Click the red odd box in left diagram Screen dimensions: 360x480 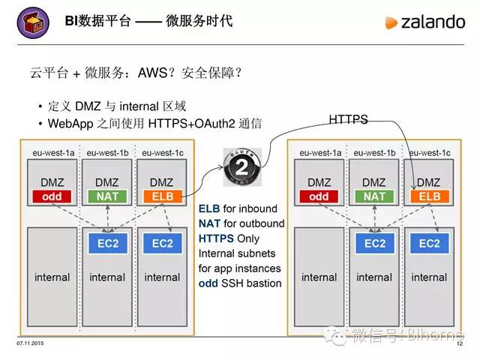click(x=52, y=196)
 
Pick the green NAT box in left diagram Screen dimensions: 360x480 click(x=107, y=196)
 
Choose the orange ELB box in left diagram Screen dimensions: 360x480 click(x=162, y=196)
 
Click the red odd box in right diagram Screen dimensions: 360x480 click(x=319, y=196)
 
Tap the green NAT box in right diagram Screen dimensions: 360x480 click(x=374, y=196)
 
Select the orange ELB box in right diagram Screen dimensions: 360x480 click(x=429, y=196)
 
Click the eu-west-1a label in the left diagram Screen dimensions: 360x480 click(x=52, y=152)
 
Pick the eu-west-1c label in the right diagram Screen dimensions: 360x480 click(x=429, y=152)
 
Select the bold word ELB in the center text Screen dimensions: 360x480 click(x=209, y=208)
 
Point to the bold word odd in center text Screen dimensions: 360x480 click(x=208, y=283)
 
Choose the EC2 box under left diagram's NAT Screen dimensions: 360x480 click(x=107, y=244)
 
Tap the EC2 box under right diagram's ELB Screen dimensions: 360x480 click(x=429, y=244)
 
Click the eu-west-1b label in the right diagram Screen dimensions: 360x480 click(x=374, y=152)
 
